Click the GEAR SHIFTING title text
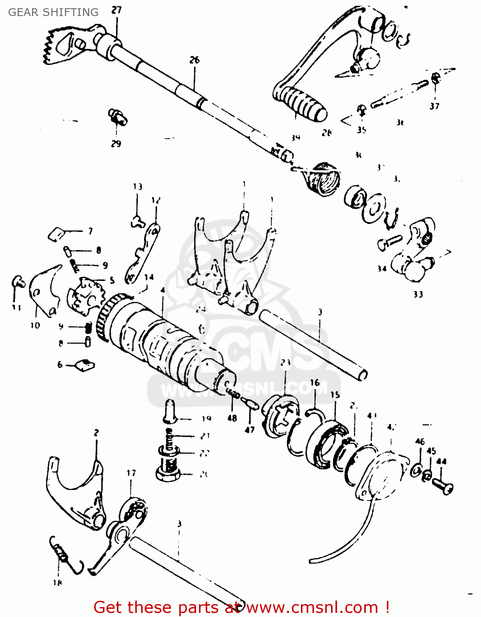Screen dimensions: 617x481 53,12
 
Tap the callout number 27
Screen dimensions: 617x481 117,10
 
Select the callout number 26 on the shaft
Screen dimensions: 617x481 194,60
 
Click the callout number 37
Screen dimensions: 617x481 435,106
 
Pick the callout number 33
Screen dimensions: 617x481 418,294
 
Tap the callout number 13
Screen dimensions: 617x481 138,187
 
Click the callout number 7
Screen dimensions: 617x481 90,231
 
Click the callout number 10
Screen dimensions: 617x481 35,325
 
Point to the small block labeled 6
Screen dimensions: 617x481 86,365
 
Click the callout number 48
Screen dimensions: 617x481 232,418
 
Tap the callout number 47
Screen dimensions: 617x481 250,430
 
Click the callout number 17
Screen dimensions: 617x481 131,473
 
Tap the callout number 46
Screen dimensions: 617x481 420,441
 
